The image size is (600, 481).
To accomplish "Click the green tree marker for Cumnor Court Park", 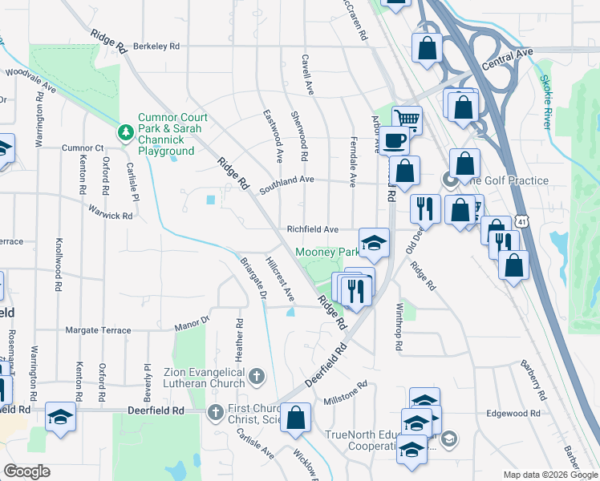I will (125, 131).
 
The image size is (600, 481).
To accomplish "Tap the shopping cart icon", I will (407, 119).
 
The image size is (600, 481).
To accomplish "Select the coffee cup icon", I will (394, 140).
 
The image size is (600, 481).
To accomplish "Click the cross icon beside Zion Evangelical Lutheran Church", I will (256, 375).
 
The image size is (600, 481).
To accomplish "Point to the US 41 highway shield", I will (522, 220).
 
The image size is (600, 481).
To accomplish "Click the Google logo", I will (27, 471).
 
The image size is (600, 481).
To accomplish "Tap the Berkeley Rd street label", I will (156, 46).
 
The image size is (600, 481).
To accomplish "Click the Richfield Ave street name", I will (313, 229).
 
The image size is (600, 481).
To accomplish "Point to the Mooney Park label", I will (327, 252).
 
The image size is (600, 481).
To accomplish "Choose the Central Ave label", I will (508, 56).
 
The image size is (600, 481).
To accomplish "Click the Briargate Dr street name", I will (253, 277).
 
